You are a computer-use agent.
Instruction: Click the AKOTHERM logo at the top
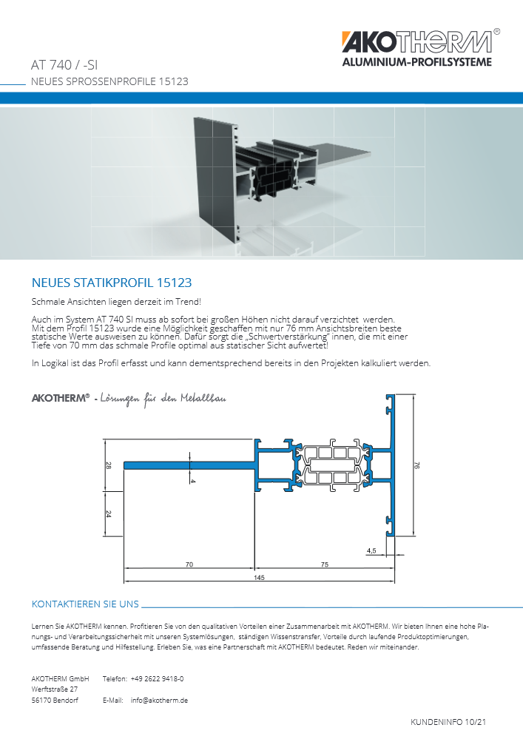pos(416,42)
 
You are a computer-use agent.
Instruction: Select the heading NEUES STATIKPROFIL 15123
pos(112,283)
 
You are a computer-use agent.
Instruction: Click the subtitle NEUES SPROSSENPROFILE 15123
pos(109,81)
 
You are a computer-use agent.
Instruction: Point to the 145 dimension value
pos(259,577)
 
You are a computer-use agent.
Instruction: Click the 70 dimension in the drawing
pos(189,564)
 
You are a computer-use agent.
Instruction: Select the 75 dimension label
pos(325,564)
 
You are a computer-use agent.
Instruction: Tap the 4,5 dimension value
pos(371,550)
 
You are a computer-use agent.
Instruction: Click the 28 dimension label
pos(108,465)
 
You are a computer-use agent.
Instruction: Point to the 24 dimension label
pos(108,513)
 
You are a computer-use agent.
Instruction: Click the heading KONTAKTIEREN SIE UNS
pos(85,604)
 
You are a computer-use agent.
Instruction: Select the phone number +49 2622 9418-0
pos(157,678)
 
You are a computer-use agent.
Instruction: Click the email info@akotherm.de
pos(159,700)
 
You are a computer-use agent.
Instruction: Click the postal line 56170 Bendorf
pos(55,700)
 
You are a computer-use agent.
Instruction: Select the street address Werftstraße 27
pos(55,689)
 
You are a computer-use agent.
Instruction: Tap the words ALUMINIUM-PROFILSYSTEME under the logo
pos(416,63)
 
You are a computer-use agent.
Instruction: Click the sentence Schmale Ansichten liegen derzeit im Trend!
pos(116,303)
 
